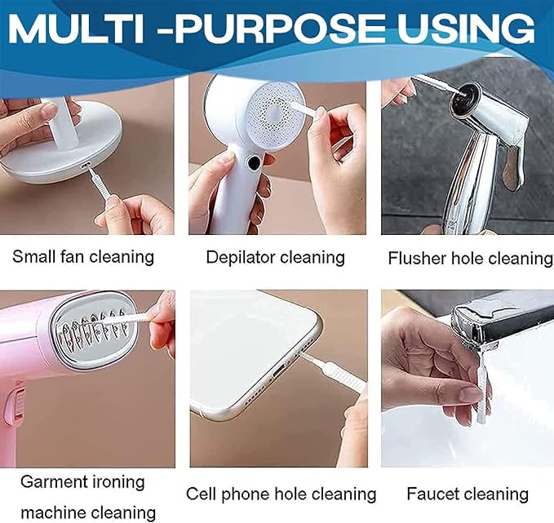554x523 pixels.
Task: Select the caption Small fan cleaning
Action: pyautogui.click(x=83, y=256)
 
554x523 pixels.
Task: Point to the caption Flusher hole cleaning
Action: pyautogui.click(x=470, y=259)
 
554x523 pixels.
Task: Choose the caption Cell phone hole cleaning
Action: pyautogui.click(x=281, y=494)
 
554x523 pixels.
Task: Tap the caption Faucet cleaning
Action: pyautogui.click(x=468, y=494)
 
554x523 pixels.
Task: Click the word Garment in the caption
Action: pyautogui.click(x=52, y=481)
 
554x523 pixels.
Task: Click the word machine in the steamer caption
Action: pyautogui.click(x=55, y=512)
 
